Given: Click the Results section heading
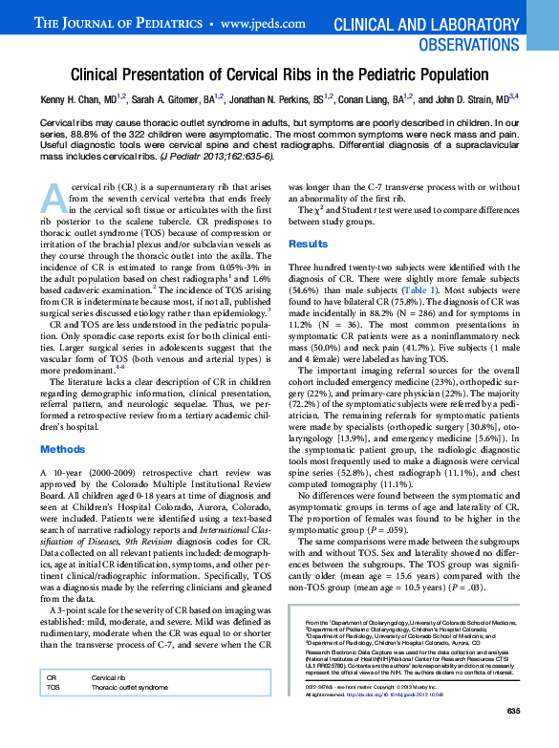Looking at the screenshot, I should (x=308, y=245).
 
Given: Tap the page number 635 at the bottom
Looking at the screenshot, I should (x=514, y=737).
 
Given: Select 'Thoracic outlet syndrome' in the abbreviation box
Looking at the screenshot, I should (x=130, y=714).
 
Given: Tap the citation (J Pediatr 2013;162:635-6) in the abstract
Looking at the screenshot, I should (x=216, y=155).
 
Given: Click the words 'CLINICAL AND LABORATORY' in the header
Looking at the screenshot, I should (x=439, y=23).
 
